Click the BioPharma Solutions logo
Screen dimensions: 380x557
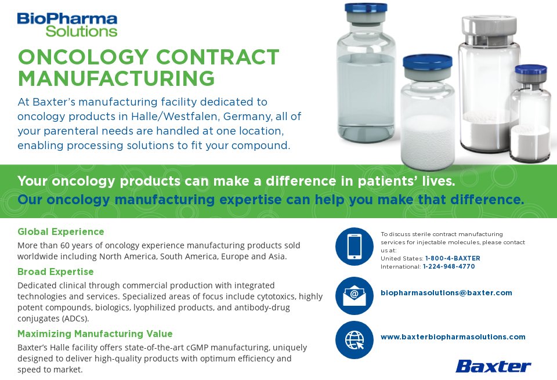click(67, 24)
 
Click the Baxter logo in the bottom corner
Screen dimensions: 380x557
click(493, 366)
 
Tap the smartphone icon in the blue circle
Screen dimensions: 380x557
click(354, 246)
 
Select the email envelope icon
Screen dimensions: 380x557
click(354, 295)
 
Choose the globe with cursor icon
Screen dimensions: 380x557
click(354, 339)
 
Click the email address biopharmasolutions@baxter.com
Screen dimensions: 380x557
click(446, 293)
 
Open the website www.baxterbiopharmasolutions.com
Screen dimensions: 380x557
click(453, 336)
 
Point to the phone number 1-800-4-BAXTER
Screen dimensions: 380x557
click(453, 258)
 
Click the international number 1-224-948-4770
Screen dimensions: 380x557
click(449, 267)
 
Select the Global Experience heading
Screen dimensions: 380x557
click(61, 232)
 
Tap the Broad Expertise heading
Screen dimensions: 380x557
click(56, 272)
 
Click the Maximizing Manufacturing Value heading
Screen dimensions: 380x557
click(95, 334)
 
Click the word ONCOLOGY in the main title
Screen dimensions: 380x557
click(83, 57)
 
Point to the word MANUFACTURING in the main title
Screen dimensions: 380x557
click(116, 78)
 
